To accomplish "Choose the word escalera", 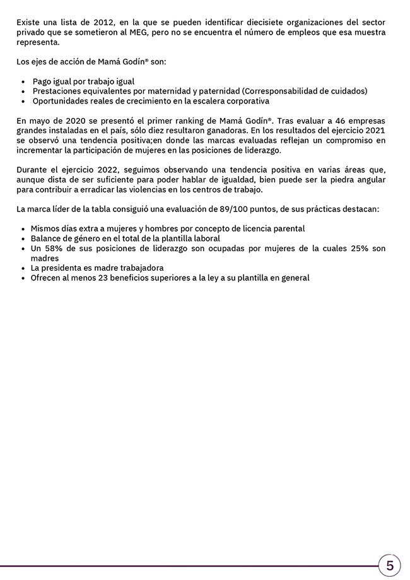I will pyautogui.click(x=201, y=101).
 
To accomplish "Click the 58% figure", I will pyautogui.click(x=54, y=249).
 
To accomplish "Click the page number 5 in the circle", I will pyautogui.click(x=390, y=565).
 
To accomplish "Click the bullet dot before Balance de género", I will pyautogui.click(x=23, y=239).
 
